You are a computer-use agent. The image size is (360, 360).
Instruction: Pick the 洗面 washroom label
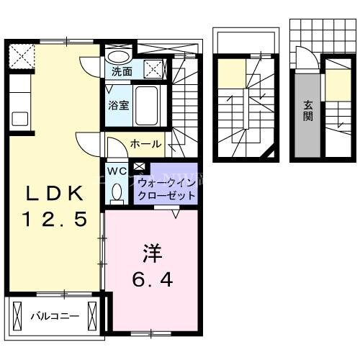tap(121, 71)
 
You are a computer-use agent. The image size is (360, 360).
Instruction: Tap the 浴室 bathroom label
tap(119, 104)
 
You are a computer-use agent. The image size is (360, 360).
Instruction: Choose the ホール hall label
tap(145, 144)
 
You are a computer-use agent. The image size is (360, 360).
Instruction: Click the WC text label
tap(117, 171)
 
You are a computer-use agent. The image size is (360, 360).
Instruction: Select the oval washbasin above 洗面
tap(119, 55)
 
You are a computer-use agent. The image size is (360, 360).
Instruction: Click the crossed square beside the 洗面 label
tap(153, 70)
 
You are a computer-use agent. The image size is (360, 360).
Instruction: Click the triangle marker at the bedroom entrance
tap(176, 213)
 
